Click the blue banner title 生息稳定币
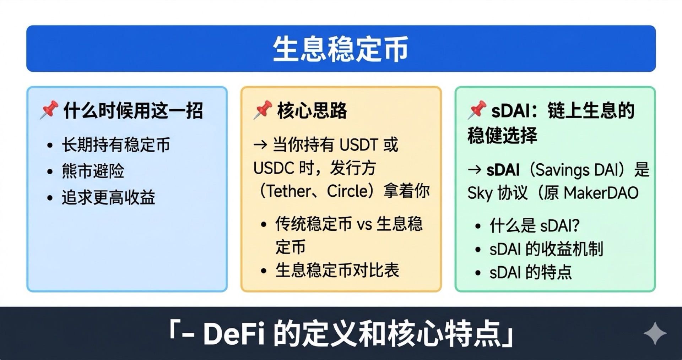point(340,49)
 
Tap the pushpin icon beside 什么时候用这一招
point(49,110)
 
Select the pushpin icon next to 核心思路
point(263,110)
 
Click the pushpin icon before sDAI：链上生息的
point(477,110)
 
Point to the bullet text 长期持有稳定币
point(116,145)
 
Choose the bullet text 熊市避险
point(93,171)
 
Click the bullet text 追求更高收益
point(108,197)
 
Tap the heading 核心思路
point(312,110)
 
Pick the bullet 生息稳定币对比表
point(337,270)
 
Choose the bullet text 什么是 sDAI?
point(534,225)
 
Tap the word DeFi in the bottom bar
point(234,334)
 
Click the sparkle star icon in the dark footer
point(655,333)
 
